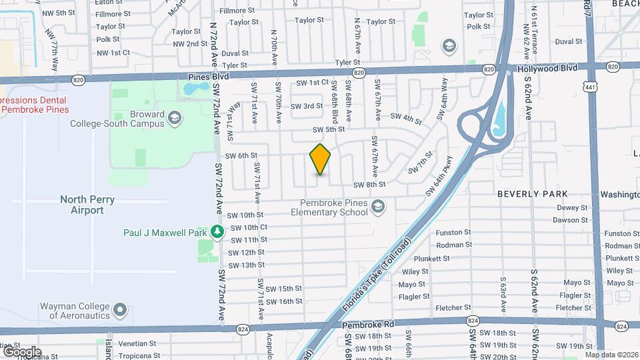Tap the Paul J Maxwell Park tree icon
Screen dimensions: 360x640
(x=217, y=232)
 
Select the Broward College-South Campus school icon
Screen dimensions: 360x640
(x=175, y=118)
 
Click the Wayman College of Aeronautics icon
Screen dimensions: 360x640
(x=120, y=309)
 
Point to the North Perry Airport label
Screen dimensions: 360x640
(x=87, y=205)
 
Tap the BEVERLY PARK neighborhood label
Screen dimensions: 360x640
(x=533, y=194)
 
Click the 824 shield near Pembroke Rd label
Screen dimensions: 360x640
(x=244, y=329)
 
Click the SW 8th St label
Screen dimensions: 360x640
(x=369, y=185)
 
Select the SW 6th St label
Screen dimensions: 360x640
(x=241, y=155)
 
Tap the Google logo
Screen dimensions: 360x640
(x=22, y=351)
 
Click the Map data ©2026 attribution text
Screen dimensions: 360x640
(x=611, y=355)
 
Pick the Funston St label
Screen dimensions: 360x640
(x=453, y=233)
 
